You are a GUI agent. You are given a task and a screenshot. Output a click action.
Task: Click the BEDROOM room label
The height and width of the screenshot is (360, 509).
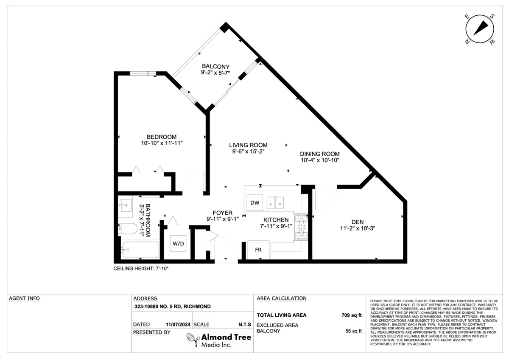[161, 137]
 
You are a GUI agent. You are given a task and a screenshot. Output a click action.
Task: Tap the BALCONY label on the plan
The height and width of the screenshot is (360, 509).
[215, 66]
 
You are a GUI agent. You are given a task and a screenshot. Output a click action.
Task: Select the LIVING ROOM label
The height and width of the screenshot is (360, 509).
[248, 145]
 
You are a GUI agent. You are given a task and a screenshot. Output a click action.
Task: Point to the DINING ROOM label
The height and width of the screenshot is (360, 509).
[320, 154]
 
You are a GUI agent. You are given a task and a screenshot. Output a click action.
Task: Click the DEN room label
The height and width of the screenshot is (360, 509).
[358, 222]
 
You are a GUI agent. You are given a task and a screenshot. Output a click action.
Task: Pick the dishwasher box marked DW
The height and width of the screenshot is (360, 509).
[255, 202]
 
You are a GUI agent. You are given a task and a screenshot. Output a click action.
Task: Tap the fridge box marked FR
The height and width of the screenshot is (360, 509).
[258, 250]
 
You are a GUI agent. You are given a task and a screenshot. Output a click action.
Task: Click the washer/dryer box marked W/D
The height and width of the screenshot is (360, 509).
[178, 244]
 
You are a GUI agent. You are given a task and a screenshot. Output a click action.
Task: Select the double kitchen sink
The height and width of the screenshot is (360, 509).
[275, 202]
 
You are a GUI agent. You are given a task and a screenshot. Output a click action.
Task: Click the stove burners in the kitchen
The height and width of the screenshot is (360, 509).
[301, 227]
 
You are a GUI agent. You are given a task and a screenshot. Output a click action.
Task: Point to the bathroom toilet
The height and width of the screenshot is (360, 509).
[128, 228]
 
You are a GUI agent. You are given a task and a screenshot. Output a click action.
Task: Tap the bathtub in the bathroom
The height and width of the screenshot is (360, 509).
[140, 250]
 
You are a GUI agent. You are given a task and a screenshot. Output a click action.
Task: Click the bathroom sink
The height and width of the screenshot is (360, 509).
[125, 205]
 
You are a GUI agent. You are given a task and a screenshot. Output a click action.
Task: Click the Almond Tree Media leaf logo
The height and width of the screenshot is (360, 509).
[193, 340]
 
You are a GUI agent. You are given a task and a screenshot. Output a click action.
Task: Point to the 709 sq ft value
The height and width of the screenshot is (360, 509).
[351, 315]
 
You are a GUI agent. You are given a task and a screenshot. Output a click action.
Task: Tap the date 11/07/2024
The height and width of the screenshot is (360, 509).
[178, 324]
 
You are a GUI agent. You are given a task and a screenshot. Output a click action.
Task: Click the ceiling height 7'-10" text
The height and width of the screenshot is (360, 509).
[141, 269]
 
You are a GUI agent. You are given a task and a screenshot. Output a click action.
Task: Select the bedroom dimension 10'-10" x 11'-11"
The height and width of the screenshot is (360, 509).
[162, 143]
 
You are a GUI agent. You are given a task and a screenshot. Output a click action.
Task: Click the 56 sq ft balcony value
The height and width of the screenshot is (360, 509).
[353, 331]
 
